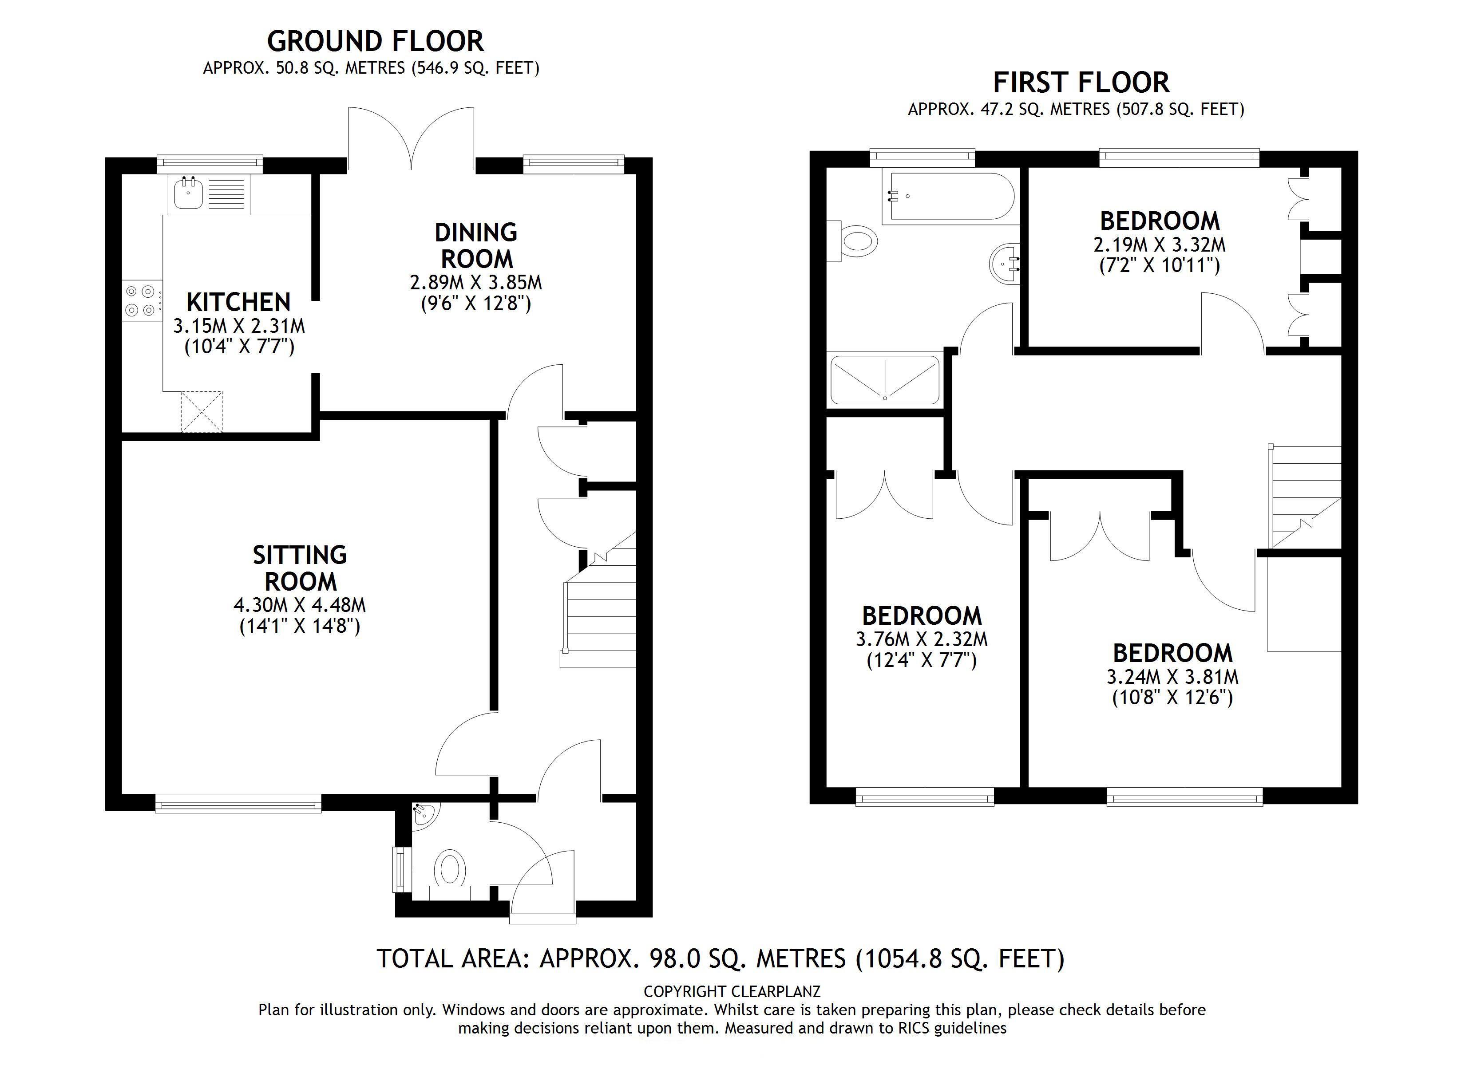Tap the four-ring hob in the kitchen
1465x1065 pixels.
click(x=143, y=301)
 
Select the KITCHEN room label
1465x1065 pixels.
click(x=238, y=302)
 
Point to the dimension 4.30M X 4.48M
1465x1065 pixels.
click(x=300, y=605)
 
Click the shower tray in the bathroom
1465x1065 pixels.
click(x=884, y=380)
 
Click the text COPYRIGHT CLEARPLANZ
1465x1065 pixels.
click(x=732, y=991)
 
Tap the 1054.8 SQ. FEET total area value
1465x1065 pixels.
click(x=960, y=958)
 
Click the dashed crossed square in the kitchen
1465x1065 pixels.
click(x=202, y=411)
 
